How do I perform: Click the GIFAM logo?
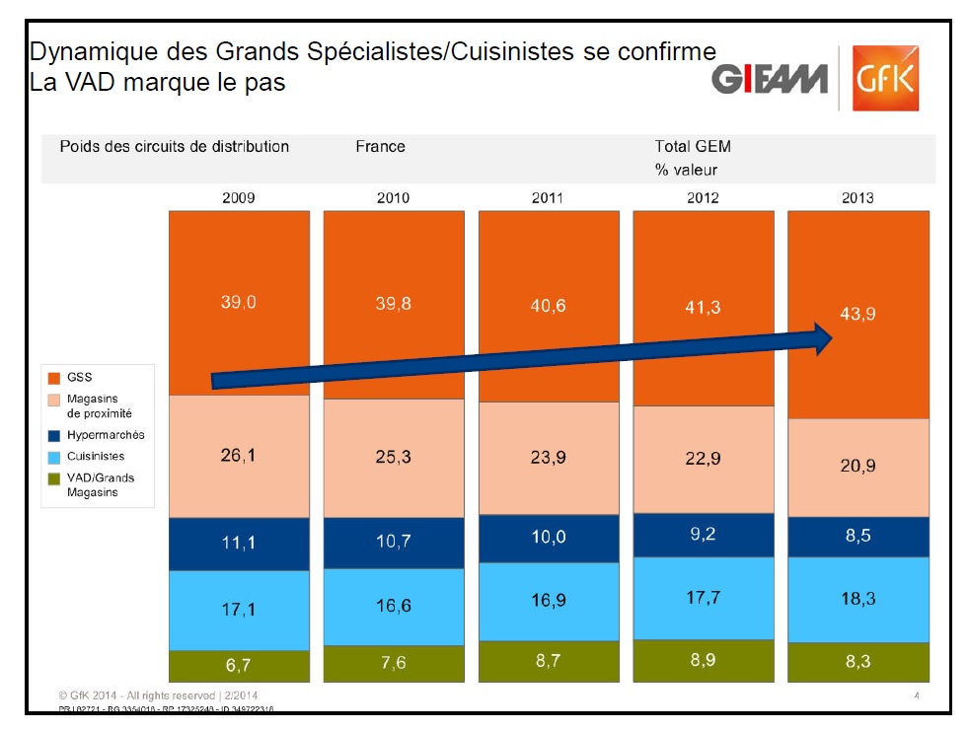coord(769,79)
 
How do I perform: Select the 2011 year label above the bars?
coord(548,197)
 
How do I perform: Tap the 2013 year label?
coord(857,197)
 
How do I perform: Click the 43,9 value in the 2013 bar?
coord(857,314)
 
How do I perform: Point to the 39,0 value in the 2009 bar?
coord(238,303)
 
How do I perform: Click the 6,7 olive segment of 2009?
coord(238,665)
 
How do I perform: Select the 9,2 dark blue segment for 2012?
coord(703,534)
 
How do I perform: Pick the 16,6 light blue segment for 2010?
coord(393,606)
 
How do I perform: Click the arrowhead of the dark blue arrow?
coord(823,338)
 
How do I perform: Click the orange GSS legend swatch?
coord(54,377)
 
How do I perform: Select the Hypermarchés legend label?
coord(106,435)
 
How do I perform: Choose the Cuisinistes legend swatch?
coord(54,457)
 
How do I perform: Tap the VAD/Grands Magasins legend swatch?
coord(54,478)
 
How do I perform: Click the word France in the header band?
coord(380,146)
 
